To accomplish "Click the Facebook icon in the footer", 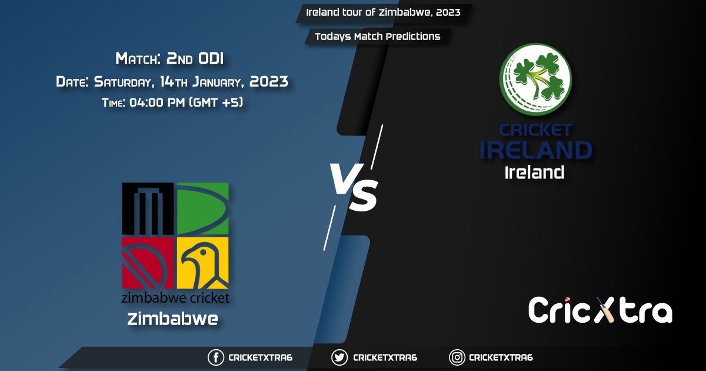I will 217,357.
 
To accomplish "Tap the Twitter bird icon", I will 339,357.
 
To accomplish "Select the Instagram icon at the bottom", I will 457,357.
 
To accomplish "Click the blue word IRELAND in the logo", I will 535,150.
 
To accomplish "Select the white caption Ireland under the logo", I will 535,173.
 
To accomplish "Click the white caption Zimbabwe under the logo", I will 172,319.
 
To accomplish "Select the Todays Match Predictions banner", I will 377,37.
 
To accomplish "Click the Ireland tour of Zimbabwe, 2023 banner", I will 383,12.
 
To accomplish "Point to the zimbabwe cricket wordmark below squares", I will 175,297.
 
